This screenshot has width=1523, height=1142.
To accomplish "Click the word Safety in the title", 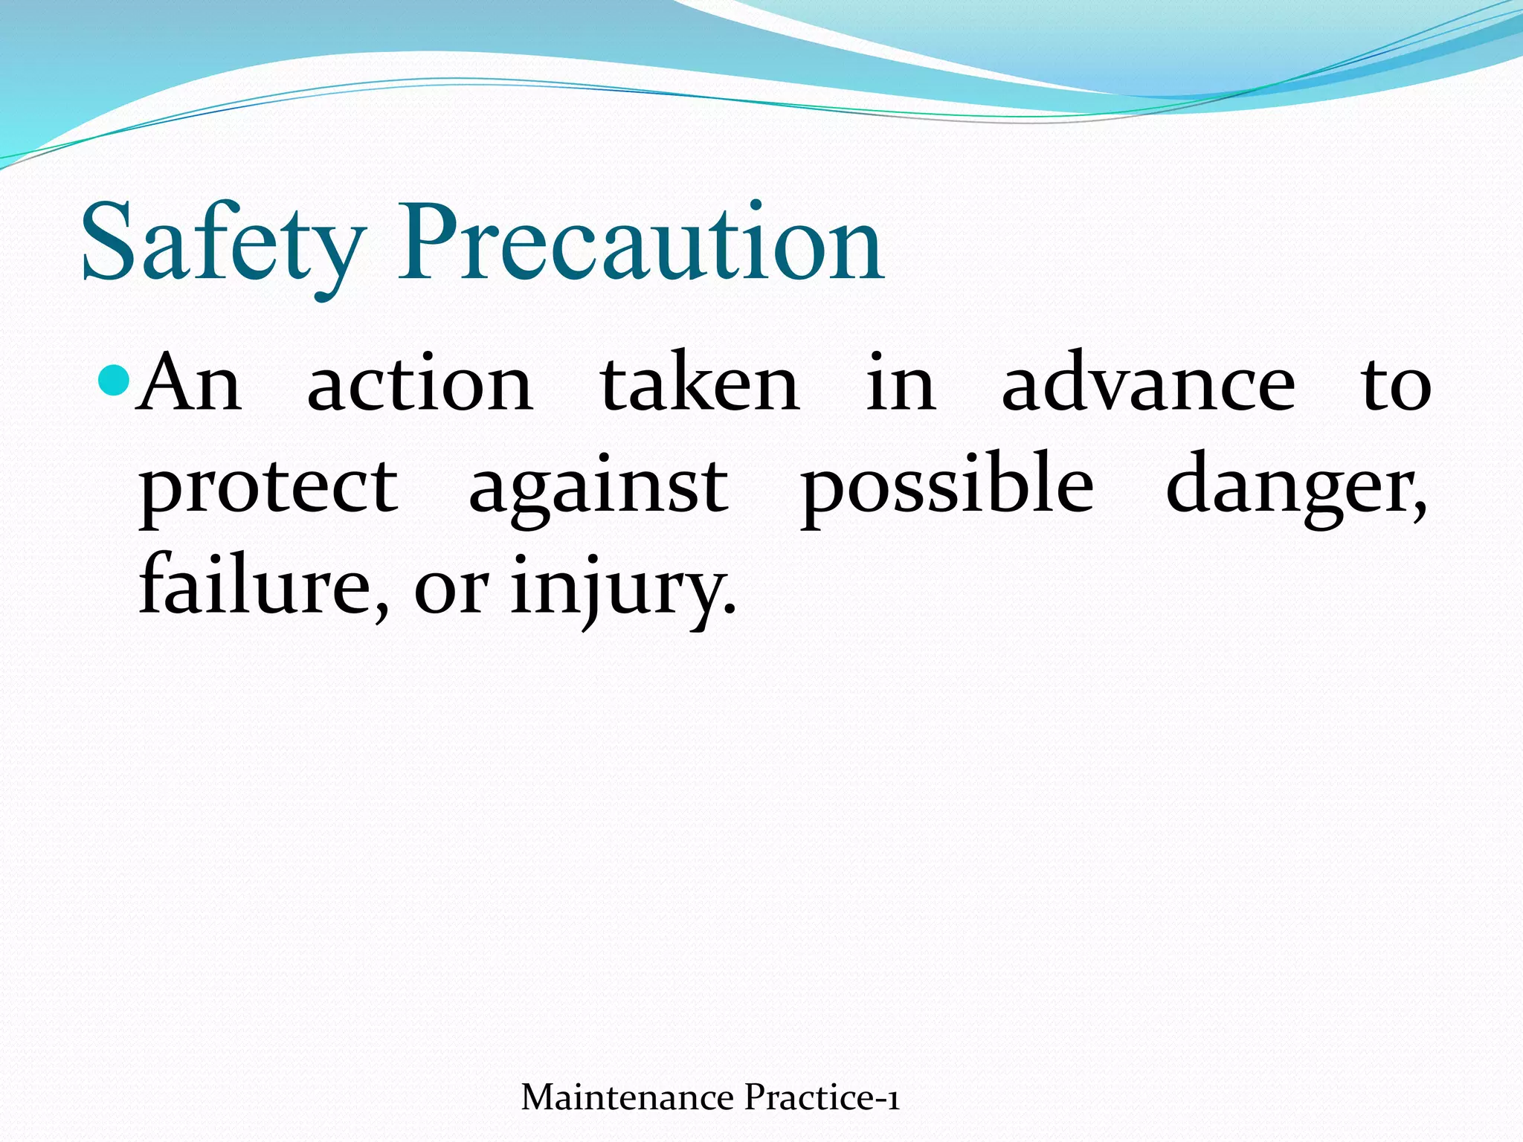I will pos(223,245).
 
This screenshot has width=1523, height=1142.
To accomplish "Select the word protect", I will pos(268,488).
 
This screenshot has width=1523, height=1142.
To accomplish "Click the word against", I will pos(599,488).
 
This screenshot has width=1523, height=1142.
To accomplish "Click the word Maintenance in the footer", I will pos(628,1097).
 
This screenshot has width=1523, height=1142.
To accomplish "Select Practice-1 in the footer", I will pos(822,1097).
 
